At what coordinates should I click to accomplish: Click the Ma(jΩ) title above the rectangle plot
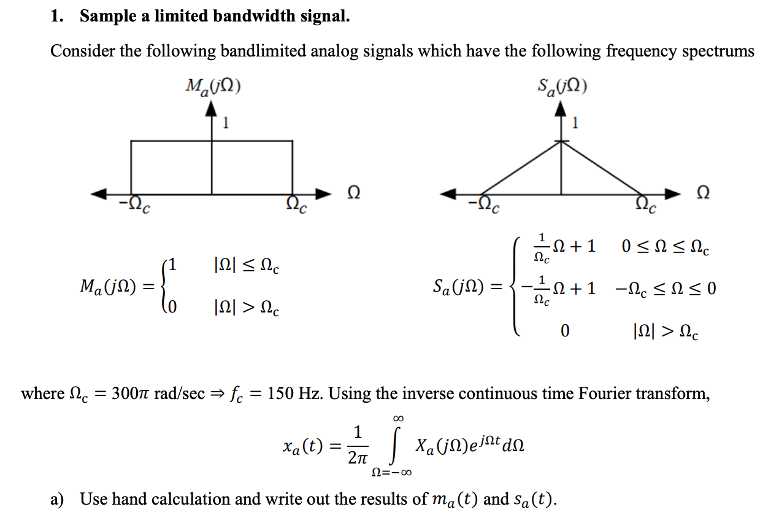(212, 87)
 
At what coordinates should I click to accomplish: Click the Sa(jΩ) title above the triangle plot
(561, 87)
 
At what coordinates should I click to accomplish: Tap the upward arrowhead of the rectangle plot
(212, 109)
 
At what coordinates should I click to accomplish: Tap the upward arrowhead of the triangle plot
(561, 109)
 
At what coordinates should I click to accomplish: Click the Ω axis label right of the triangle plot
(704, 193)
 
